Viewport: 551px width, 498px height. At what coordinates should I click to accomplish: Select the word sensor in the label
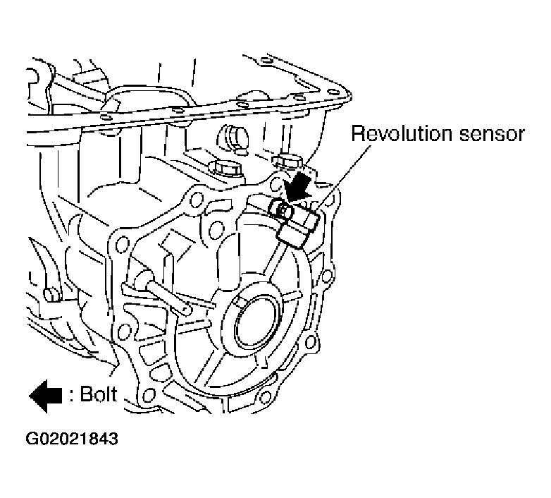point(493,133)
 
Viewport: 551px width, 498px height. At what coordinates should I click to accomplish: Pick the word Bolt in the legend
point(98,394)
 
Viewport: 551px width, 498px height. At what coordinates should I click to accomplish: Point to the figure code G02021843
point(73,438)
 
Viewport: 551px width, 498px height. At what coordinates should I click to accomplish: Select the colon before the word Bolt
point(73,395)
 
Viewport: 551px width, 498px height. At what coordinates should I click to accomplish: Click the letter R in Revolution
point(357,133)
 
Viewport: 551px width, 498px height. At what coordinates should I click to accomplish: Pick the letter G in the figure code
point(33,438)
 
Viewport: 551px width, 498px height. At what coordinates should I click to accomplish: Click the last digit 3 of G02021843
point(113,438)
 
